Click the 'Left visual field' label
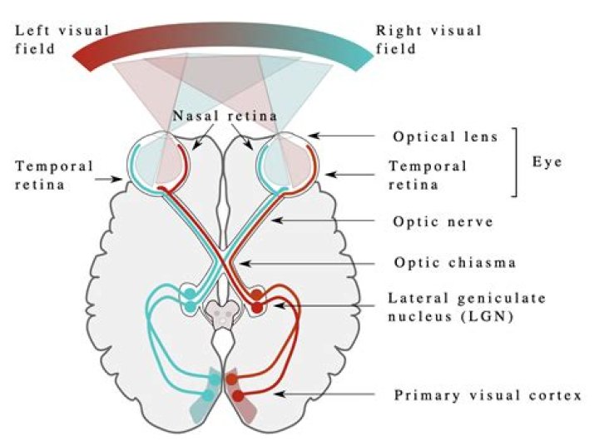(62, 40)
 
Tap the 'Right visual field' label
(428, 40)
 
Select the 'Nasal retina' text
(225, 116)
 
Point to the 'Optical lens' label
(445, 136)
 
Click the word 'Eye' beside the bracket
(547, 162)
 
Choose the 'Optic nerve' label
(443, 221)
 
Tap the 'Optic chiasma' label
(455, 263)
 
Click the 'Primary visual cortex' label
(488, 395)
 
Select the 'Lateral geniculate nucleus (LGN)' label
(467, 307)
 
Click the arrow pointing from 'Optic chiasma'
(308, 263)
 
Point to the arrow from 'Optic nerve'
(323, 221)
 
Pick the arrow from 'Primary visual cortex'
(324, 394)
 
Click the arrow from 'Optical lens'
(342, 136)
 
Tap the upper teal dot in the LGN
(190, 294)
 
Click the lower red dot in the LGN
(257, 307)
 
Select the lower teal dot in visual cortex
(209, 395)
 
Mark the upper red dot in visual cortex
(231, 379)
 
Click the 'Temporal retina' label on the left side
(54, 176)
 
